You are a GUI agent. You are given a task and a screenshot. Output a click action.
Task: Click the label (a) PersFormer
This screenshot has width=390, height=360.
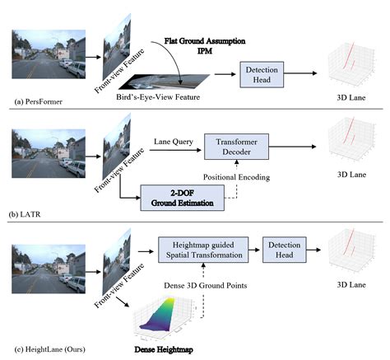point(41,101)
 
